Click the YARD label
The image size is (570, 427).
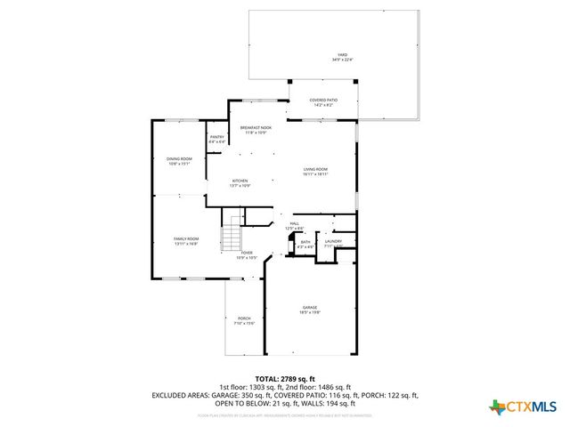337,55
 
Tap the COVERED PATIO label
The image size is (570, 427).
322,100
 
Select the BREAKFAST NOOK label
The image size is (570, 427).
256,127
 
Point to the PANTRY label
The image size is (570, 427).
216,137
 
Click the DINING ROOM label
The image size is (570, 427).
179,159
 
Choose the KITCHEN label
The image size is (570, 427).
240,181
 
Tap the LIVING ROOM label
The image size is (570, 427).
315,169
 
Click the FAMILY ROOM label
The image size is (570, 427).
185,238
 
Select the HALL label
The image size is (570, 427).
294,224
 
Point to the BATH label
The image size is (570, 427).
305,241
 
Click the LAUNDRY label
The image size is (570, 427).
332,241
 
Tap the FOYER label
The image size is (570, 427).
247,253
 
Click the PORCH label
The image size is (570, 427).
244,318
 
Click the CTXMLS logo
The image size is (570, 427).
524,407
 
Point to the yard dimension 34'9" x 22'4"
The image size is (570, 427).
337,60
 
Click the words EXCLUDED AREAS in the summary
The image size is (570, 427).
182,393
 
